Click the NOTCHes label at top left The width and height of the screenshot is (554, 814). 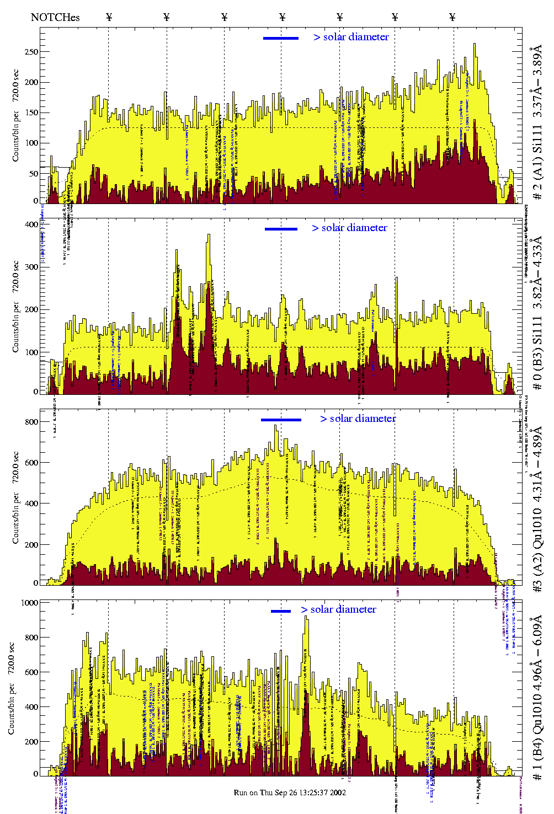pos(55,17)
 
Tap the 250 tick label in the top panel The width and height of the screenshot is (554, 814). pos(31,52)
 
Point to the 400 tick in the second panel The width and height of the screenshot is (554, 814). pos(31,224)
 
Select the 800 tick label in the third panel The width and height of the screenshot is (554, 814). pos(31,422)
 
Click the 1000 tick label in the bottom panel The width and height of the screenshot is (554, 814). pos(29,603)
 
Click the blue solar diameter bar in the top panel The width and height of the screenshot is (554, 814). pos(281,38)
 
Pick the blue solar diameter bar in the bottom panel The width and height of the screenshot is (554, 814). pos(281,611)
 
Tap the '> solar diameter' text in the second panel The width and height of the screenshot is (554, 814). pos(349,228)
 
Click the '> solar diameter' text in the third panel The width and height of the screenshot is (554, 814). pos(358,419)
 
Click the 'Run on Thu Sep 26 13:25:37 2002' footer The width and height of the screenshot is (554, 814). pos(290,792)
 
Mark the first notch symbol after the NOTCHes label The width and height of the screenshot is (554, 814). pos(109,17)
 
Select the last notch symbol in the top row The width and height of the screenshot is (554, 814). pos(452,17)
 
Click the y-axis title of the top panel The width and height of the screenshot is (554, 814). pos(15,116)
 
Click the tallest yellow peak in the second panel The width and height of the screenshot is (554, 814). pos(209,236)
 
